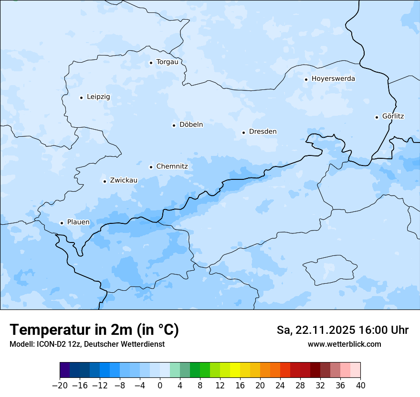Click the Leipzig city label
click(x=98, y=97)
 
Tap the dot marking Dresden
click(x=243, y=132)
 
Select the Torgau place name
click(x=167, y=62)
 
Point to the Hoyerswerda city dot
click(x=306, y=79)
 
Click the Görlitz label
click(x=393, y=116)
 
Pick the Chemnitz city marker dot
click(x=151, y=167)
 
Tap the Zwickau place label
click(x=124, y=180)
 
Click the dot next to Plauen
click(x=62, y=223)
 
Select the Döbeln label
click(x=191, y=125)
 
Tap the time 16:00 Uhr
click(x=387, y=330)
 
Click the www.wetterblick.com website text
click(x=344, y=344)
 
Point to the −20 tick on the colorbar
click(x=60, y=386)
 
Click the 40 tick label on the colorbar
click(x=360, y=386)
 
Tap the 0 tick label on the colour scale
click(x=160, y=386)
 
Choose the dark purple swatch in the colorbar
click(x=65, y=370)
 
